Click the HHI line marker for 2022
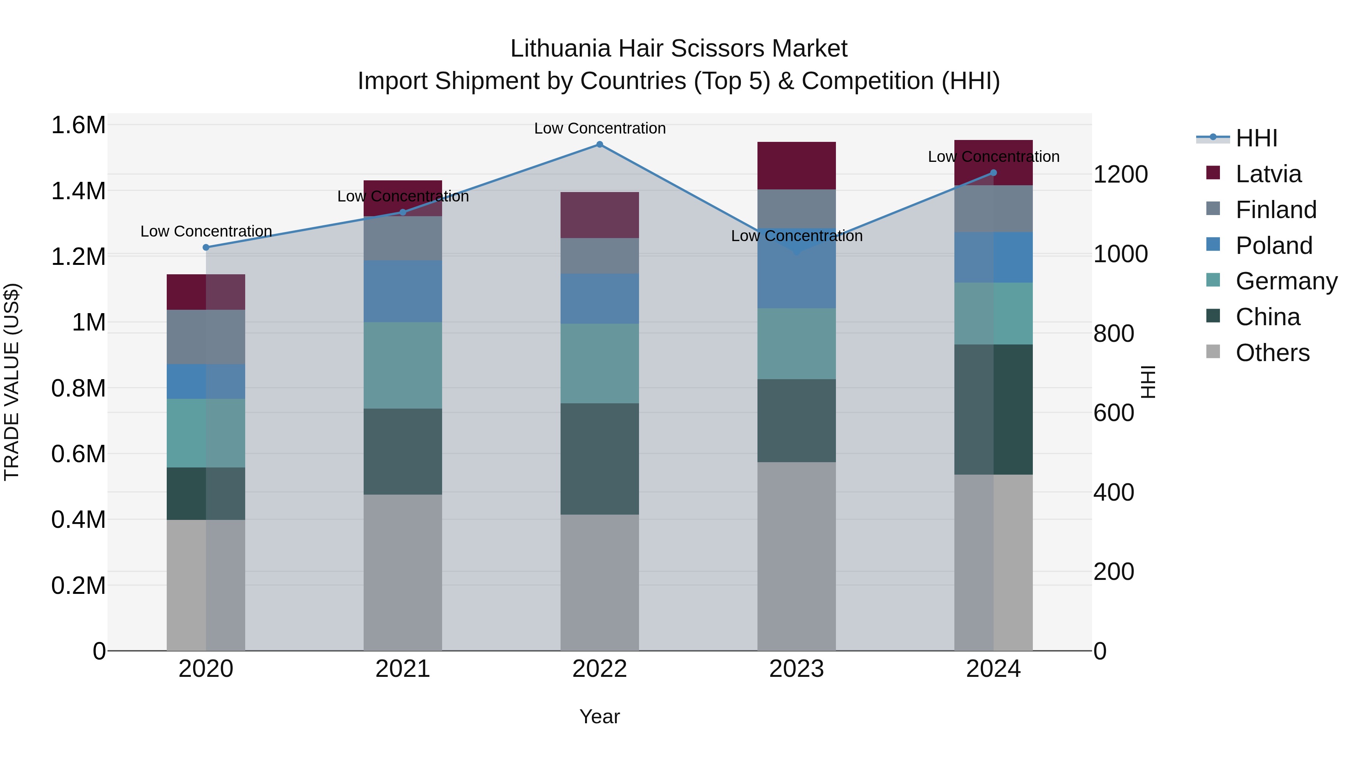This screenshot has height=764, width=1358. point(599,144)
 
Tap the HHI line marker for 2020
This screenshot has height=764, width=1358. point(206,247)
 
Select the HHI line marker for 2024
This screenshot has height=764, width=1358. point(993,173)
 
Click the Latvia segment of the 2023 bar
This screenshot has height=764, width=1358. point(796,166)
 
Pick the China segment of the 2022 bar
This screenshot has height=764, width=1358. point(599,459)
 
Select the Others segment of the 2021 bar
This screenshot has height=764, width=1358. point(403,572)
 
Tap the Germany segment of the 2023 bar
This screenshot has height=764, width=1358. point(796,344)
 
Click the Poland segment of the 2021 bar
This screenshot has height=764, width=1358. point(403,291)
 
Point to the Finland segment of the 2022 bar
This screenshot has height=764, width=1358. point(599,256)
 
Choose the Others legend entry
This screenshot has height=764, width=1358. point(1272,353)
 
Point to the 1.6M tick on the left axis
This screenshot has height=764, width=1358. point(78,126)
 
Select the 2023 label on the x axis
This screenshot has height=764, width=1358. point(796,669)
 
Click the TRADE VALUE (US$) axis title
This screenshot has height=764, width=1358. point(12,382)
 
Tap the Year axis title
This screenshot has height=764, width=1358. point(599,716)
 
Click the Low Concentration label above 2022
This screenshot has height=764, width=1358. point(599,128)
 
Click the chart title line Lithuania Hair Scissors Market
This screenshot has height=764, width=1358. point(679,49)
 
